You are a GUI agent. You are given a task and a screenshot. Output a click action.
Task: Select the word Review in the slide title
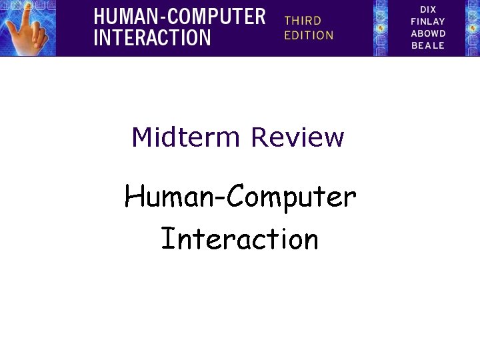tap(297, 137)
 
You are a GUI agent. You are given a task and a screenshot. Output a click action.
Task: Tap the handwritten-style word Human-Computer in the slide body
tap(240, 198)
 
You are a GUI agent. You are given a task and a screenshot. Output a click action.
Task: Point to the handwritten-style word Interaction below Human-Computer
tap(240, 239)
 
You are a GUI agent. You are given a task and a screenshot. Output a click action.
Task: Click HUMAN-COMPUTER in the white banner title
tap(179, 16)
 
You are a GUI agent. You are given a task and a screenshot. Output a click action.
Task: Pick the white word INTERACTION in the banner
tap(152, 37)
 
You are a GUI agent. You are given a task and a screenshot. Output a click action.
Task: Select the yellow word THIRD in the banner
tap(303, 21)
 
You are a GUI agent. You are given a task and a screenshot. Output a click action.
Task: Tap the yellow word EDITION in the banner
tap(309, 35)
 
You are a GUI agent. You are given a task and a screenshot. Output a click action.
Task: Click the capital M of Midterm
tap(141, 137)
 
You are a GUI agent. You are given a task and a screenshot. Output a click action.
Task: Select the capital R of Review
tap(259, 137)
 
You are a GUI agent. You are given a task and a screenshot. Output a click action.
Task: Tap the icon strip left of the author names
tap(381, 28)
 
